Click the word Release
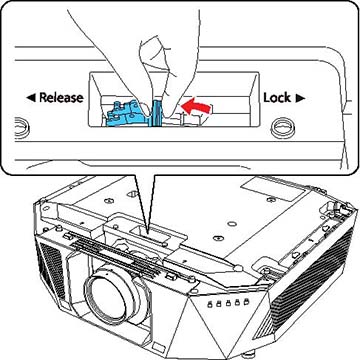(x=61, y=97)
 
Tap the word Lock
(x=277, y=98)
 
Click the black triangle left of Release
(x=31, y=98)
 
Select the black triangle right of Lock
(x=300, y=98)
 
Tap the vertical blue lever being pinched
(x=156, y=113)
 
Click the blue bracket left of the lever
(x=128, y=113)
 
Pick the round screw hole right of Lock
(x=282, y=128)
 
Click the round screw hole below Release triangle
(x=21, y=128)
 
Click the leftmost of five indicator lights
(x=211, y=304)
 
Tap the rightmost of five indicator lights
(x=246, y=301)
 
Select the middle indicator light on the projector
(x=229, y=303)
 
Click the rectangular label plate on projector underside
(x=273, y=189)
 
